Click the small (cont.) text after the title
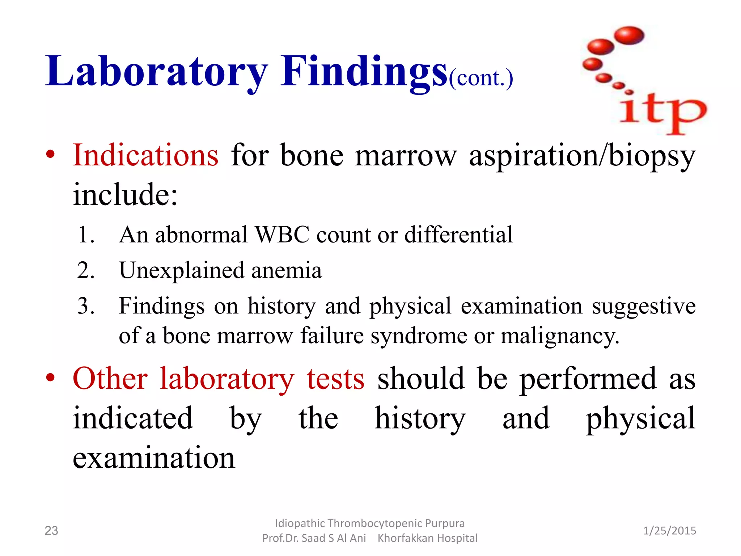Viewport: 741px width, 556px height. point(481,78)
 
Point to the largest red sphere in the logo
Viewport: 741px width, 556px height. point(629,35)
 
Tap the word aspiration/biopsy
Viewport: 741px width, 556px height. point(582,156)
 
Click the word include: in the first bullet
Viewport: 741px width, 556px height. point(125,194)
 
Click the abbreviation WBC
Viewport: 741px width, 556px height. point(282,235)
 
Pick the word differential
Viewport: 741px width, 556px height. point(458,235)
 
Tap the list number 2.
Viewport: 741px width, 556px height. point(86,270)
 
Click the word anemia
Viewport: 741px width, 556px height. point(286,270)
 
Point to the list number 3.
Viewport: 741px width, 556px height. point(86,306)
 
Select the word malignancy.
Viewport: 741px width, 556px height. point(559,336)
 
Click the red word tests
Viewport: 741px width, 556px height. point(335,379)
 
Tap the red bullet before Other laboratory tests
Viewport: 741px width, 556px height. point(50,378)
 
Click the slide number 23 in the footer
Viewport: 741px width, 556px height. point(51,531)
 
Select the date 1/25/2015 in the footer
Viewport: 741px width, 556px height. point(669,531)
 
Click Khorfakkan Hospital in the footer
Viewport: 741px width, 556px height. point(427,538)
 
